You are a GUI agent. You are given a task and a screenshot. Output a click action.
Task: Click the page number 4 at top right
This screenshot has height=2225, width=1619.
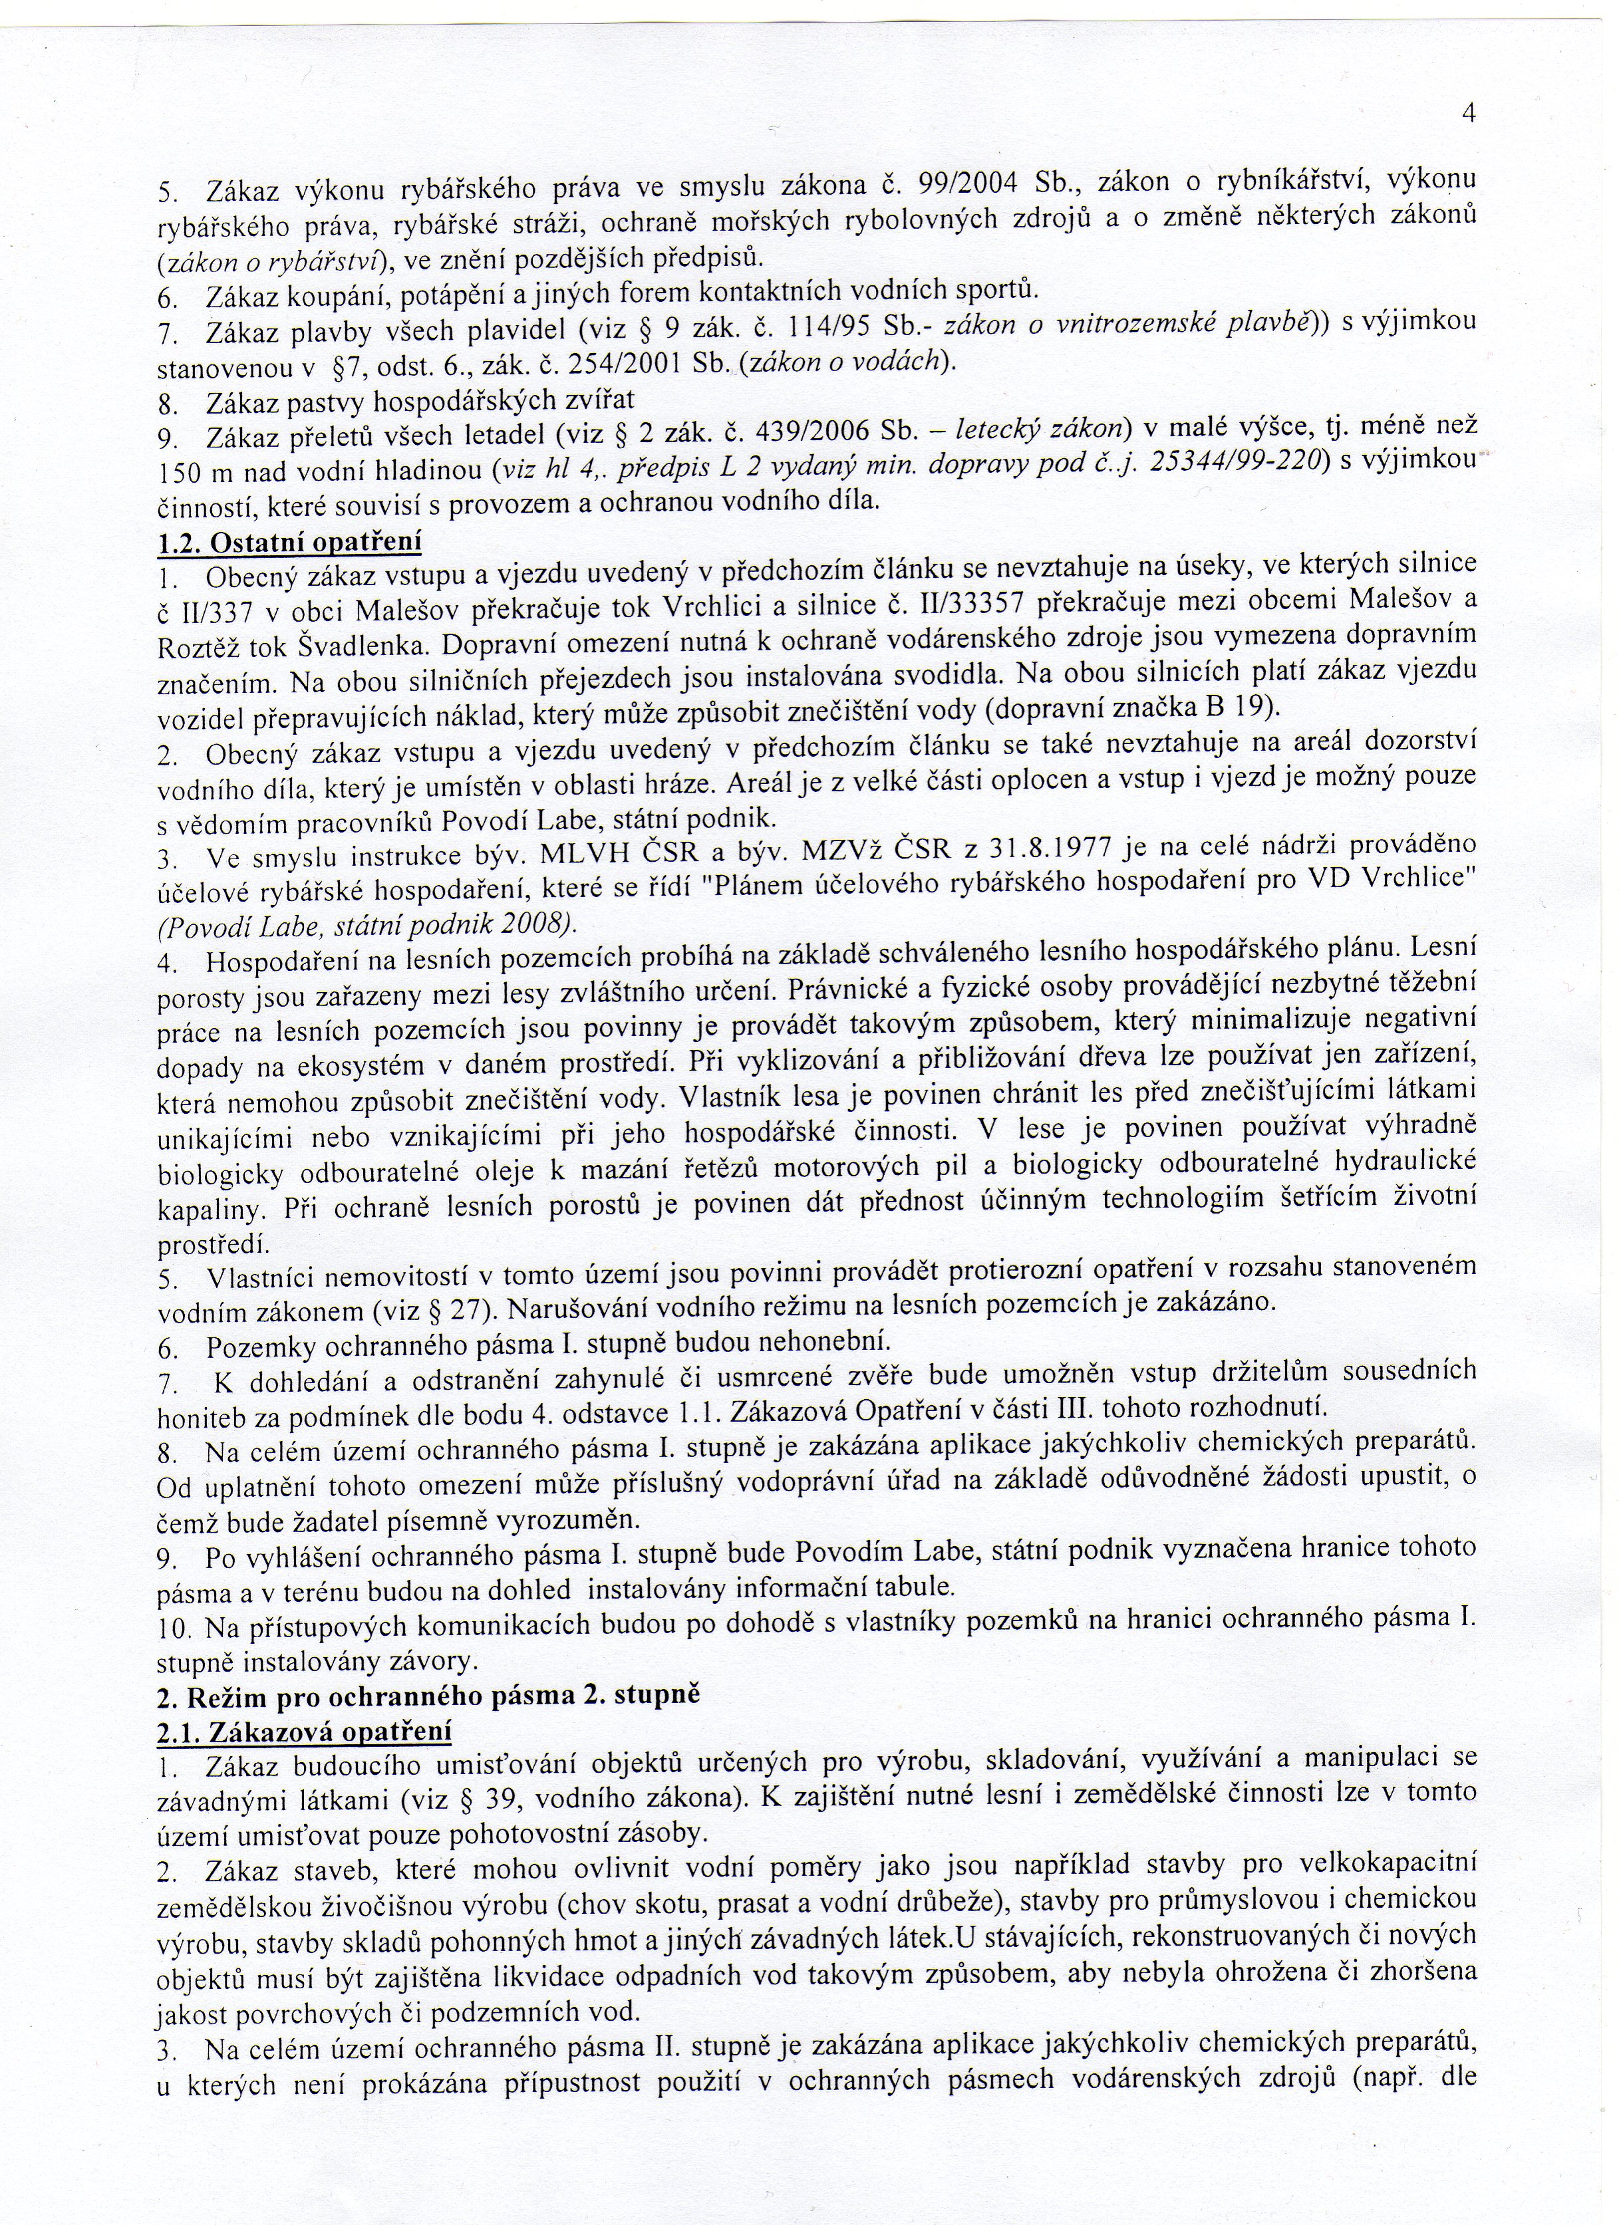[1469, 113]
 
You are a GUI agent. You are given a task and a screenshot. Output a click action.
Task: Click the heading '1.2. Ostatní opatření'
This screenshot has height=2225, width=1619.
[291, 541]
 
